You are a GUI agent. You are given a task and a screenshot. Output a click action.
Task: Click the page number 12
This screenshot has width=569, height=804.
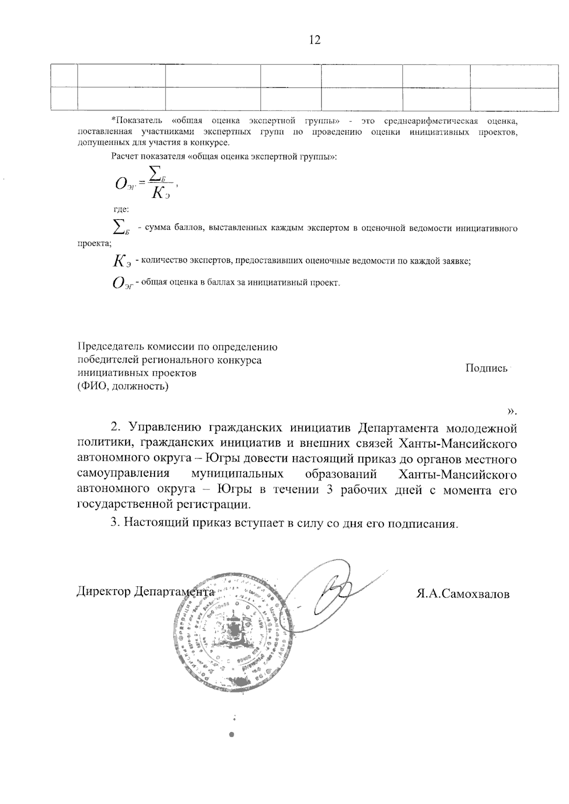(x=314, y=40)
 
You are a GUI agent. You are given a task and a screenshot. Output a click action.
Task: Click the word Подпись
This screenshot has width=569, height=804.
(x=486, y=368)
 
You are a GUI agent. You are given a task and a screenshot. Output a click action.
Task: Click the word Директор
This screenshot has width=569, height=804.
(x=103, y=592)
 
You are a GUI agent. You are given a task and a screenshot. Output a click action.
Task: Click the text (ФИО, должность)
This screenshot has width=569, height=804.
(x=123, y=386)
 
